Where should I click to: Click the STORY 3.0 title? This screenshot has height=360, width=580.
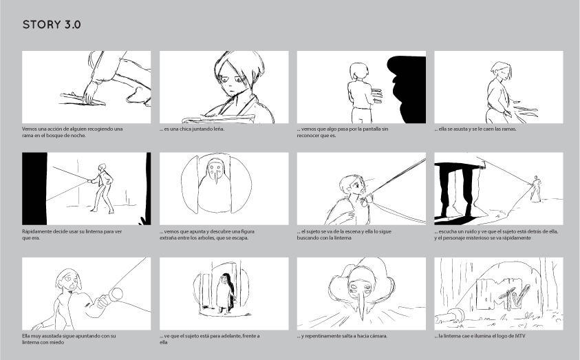pos(52,25)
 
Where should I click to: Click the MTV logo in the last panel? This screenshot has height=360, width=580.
pos(503,294)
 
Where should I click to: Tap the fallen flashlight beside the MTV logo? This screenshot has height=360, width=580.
pos(450,315)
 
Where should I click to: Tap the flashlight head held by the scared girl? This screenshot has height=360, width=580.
pos(116,294)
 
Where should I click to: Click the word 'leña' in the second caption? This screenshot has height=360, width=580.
pos(219,129)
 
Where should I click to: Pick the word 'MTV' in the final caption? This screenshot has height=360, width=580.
pos(519,336)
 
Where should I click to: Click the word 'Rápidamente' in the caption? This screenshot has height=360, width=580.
pos(36,231)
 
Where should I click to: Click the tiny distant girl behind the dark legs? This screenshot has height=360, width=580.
pos(535,189)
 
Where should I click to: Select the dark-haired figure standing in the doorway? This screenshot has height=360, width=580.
pos(226,293)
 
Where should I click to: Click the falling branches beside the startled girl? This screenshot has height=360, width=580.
pos(524,110)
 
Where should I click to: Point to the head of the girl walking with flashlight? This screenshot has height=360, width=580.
pos(102,167)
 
